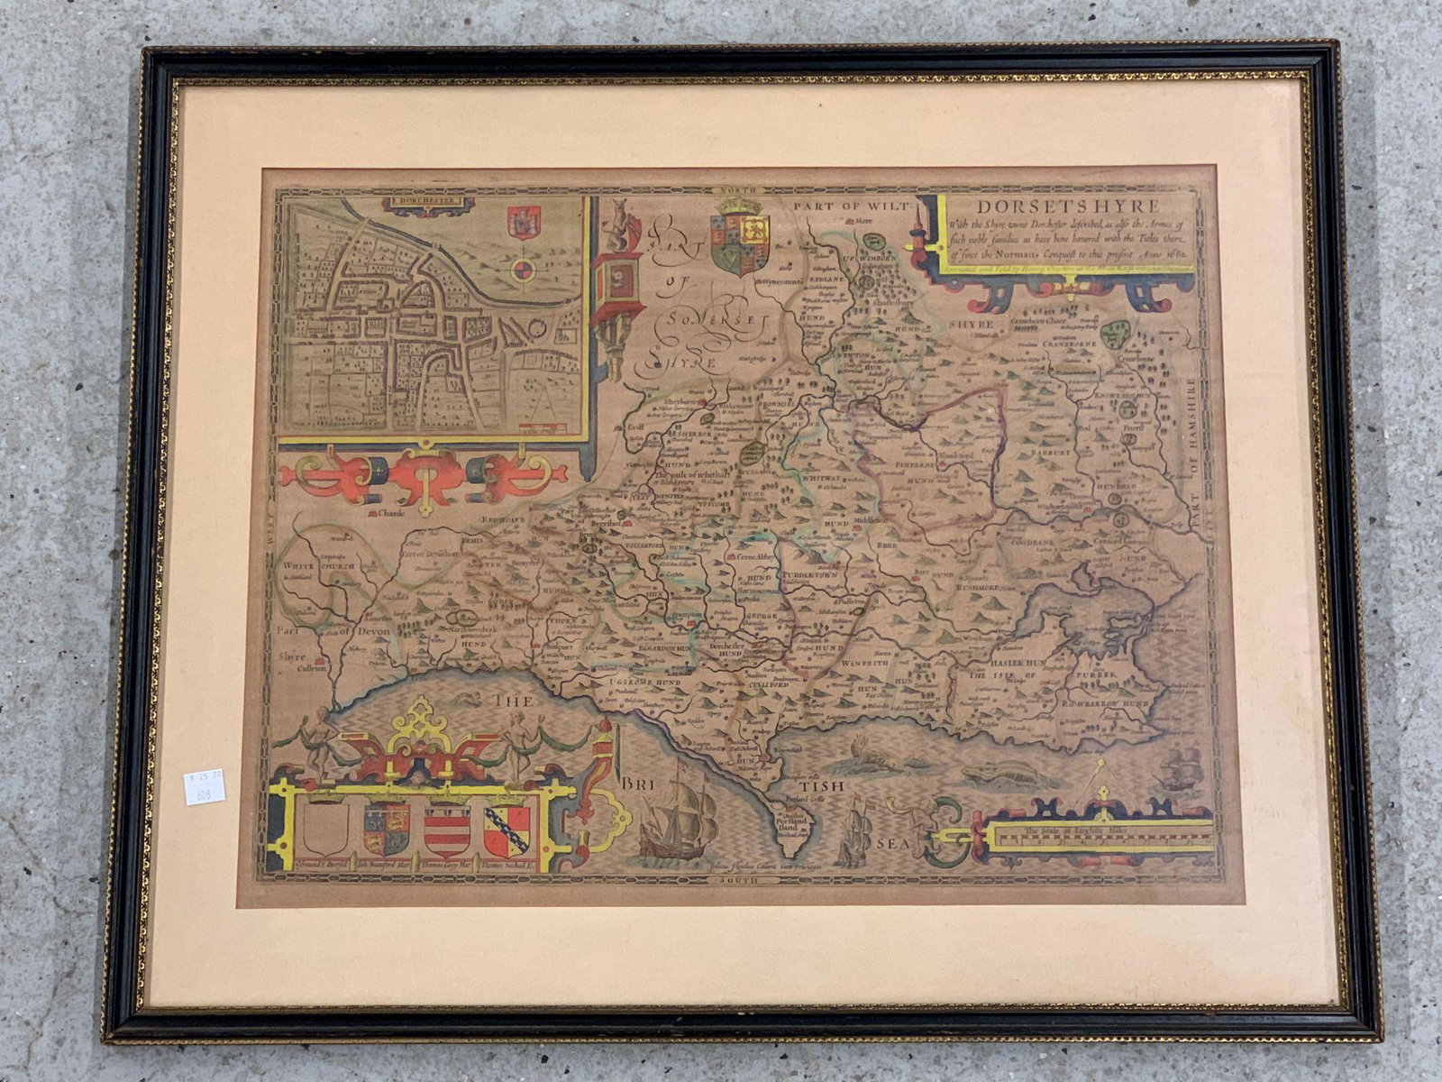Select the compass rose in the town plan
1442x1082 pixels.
pos(521,269)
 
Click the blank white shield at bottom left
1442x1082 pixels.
pos(325,827)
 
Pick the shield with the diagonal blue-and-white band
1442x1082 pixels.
pos(507,829)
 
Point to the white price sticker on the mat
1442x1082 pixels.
pos(204,787)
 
